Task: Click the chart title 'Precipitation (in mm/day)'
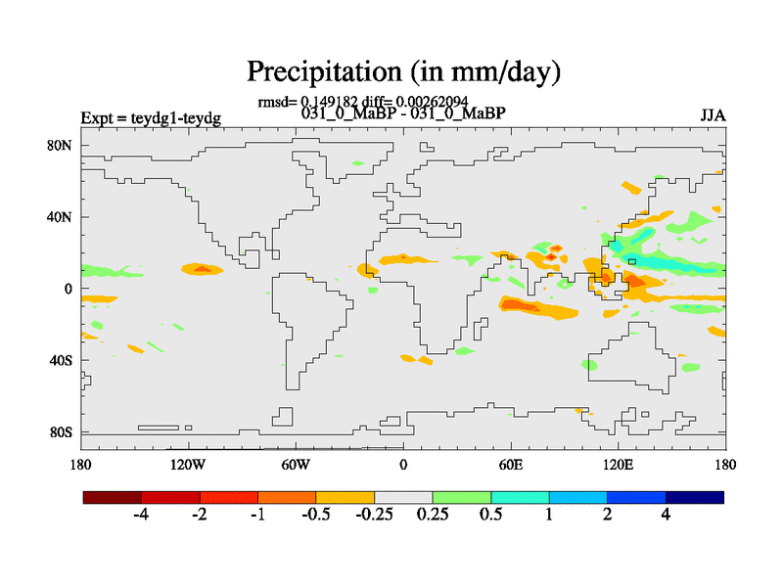403,71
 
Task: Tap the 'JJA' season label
713,115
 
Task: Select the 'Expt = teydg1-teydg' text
151,118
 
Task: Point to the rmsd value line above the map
362,101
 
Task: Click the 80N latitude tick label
61,145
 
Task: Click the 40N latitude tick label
61,216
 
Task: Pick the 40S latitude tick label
61,360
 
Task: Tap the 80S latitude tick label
61,431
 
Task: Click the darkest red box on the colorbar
113,497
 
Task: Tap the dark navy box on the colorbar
695,497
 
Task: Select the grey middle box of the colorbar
403,497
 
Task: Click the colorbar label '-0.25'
374,516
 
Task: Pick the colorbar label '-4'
141,516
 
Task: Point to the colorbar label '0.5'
490,516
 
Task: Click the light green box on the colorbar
461,497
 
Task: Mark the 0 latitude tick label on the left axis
69,289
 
